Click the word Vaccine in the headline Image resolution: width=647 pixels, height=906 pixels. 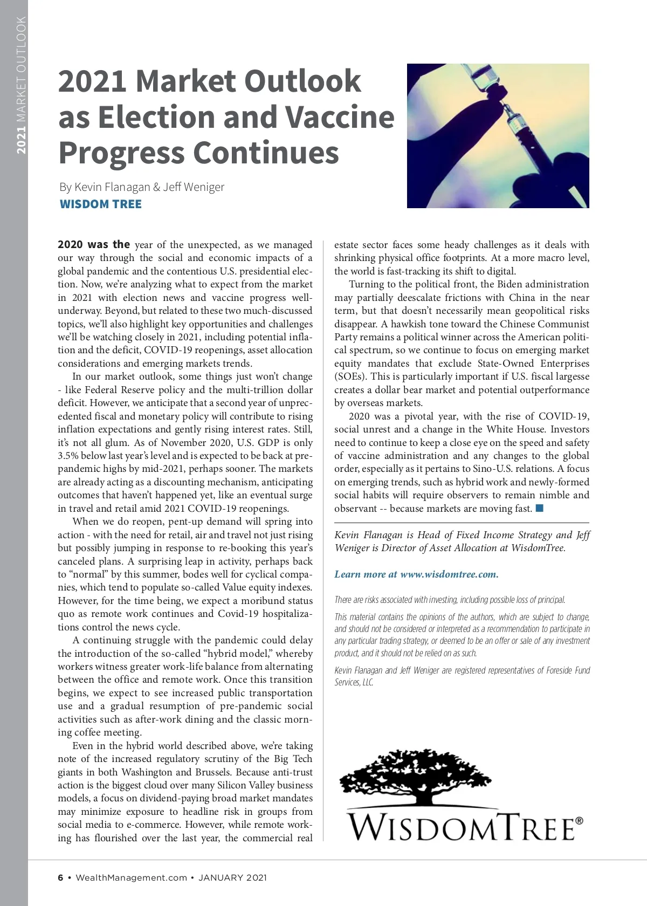(340, 117)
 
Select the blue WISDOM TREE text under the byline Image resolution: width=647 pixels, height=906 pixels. (100, 204)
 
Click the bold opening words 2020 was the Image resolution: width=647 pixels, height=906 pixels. (94, 244)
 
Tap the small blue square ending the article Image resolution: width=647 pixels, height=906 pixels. (539, 508)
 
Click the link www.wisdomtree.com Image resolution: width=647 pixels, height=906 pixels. (449, 574)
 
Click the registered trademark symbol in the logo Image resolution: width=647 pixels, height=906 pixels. (579, 821)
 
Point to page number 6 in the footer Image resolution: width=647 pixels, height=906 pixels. (60, 877)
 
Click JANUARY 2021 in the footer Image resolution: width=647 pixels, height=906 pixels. (232, 877)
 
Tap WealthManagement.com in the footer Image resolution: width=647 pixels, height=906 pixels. (131, 877)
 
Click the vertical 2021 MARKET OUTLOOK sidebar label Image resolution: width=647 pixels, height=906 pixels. (21, 85)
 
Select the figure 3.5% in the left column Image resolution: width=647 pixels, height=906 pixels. (69, 456)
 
